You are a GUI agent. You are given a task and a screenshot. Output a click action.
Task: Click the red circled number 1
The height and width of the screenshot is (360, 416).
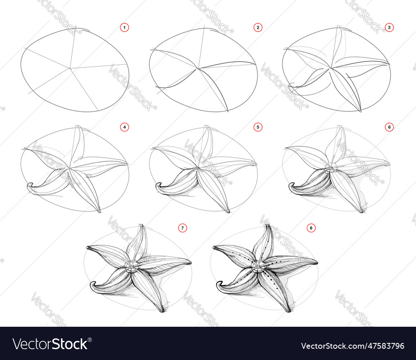coord(124,27)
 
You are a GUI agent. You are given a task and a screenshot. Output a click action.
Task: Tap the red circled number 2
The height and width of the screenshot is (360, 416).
coord(258,27)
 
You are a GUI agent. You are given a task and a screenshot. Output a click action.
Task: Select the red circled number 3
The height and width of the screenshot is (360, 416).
coord(389,27)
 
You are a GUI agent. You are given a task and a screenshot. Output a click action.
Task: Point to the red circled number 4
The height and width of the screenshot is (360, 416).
coord(124,127)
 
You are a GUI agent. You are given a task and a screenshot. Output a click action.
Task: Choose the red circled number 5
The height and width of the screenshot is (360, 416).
coord(258,127)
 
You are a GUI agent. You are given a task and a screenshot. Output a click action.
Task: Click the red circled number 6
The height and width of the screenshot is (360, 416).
coord(389,127)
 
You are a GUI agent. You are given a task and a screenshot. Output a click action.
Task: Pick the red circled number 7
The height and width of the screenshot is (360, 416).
coord(182,227)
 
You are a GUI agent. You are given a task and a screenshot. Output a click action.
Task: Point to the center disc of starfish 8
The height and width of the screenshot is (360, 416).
coord(258,266)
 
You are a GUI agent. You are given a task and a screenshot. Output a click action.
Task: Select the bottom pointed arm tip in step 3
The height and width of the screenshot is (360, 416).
coord(360,111)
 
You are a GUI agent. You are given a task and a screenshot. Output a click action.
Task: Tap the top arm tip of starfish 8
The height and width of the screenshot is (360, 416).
coord(266,226)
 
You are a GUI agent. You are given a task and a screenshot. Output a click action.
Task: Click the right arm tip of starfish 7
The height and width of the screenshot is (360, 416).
coord(190,262)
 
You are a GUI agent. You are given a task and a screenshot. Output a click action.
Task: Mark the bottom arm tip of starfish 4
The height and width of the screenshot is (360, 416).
coord(99,212)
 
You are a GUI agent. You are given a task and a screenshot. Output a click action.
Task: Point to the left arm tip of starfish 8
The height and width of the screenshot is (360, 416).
coord(214,248)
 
